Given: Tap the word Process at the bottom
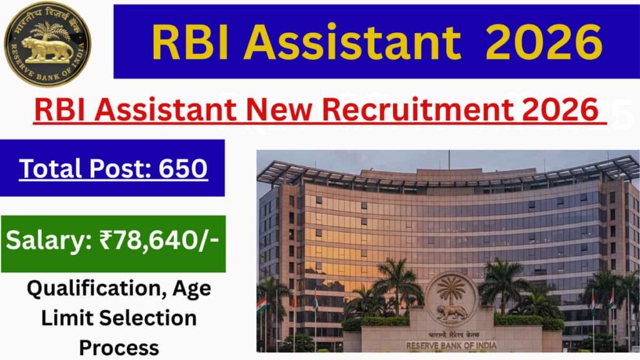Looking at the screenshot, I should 119,347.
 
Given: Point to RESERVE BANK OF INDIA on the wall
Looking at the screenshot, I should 451,345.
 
